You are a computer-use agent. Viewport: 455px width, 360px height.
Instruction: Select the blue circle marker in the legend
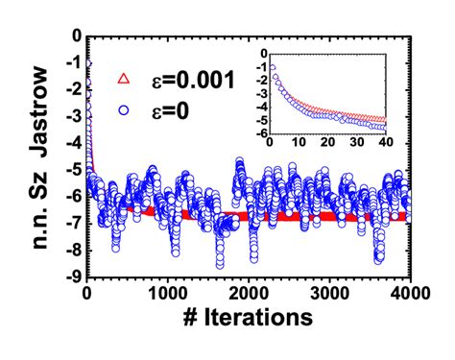122,108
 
